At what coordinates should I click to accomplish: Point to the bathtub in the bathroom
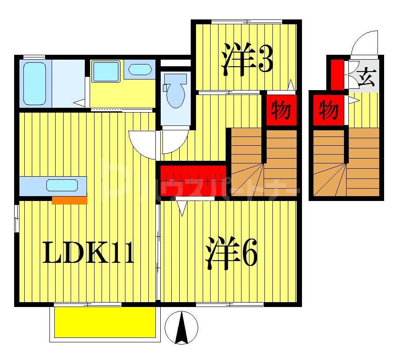(x=34, y=83)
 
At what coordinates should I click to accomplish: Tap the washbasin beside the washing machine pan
(x=140, y=70)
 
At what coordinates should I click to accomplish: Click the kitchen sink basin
(x=62, y=186)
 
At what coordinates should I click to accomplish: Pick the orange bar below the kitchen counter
(x=69, y=201)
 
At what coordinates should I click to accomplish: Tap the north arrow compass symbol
(x=181, y=328)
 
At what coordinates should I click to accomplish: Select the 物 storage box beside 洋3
(x=280, y=110)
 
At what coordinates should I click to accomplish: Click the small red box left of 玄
(x=337, y=73)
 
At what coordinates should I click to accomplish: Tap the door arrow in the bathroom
(x=79, y=102)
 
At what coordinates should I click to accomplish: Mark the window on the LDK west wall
(x=17, y=218)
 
